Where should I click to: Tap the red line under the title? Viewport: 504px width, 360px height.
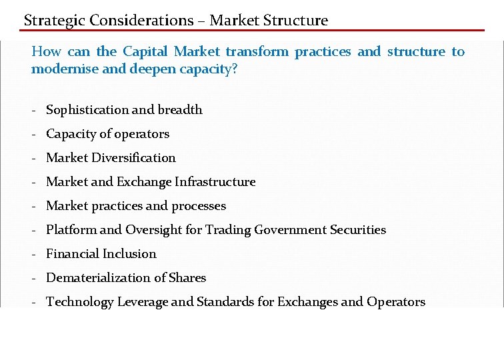click(253, 30)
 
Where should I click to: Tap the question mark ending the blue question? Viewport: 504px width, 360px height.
click(234, 69)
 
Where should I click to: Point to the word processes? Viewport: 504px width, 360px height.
click(199, 206)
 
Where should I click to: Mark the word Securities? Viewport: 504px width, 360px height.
click(358, 230)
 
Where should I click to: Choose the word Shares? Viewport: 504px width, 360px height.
click(188, 278)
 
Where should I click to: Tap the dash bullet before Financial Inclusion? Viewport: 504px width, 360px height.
click(33, 254)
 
